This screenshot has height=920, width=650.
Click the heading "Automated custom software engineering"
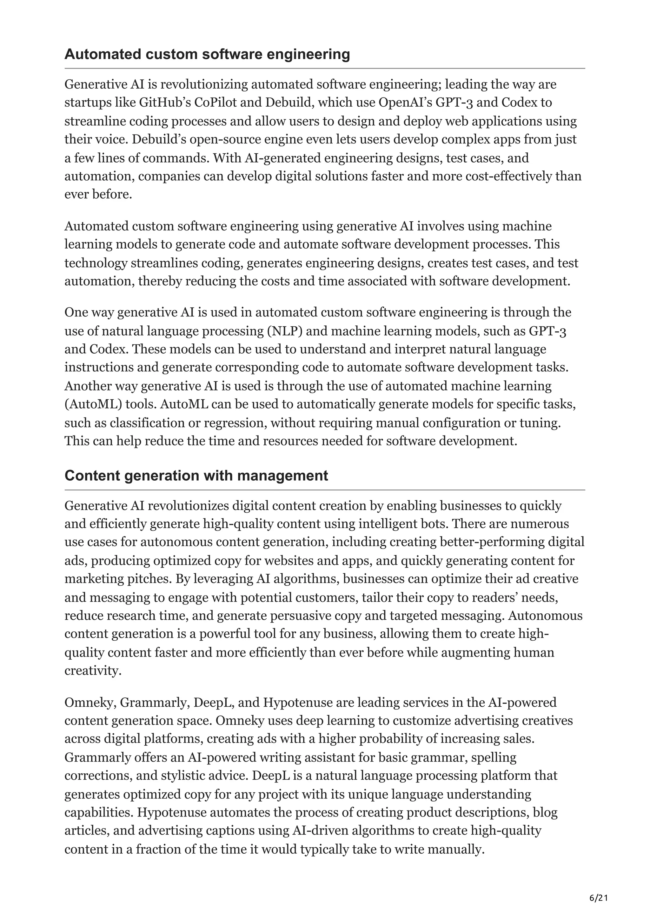coord(207,54)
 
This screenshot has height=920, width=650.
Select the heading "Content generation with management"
coord(196,475)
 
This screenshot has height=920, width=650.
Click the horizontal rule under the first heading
coord(324,69)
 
